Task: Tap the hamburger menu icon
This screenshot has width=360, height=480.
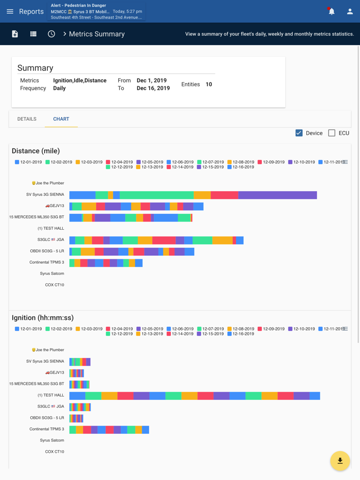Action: click(10, 11)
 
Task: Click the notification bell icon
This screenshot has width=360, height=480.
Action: click(331, 11)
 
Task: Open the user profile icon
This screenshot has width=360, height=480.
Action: click(350, 11)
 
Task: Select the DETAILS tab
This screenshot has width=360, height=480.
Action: click(27, 119)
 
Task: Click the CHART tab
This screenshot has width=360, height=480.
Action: click(61, 119)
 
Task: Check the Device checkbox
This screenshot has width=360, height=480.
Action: click(299, 133)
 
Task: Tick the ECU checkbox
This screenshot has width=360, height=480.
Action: click(332, 133)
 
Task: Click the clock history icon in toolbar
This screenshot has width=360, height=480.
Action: click(51, 34)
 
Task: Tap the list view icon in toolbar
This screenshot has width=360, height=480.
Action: click(33, 34)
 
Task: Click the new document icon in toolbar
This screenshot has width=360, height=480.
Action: click(15, 34)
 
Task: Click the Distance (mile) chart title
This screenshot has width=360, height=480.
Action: click(36, 151)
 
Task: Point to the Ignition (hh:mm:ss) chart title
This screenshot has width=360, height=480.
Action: click(43, 318)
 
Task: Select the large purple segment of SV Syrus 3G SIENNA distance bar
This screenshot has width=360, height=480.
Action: click(278, 195)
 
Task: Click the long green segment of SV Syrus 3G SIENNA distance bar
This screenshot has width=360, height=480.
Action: click(157, 195)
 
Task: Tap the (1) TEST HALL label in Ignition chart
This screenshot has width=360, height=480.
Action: click(50, 395)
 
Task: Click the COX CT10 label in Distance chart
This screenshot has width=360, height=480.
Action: click(55, 285)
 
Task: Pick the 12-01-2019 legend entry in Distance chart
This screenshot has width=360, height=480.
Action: click(28, 162)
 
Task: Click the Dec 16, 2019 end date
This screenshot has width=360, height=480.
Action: click(153, 88)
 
